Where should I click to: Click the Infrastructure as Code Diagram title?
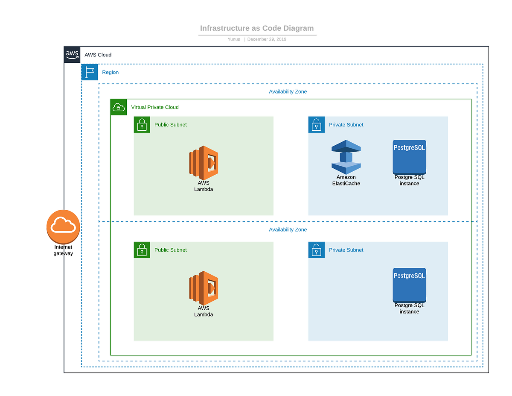pyautogui.click(x=257, y=29)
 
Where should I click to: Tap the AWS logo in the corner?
pyautogui.click(x=72, y=55)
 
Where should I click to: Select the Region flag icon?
pyautogui.click(x=90, y=72)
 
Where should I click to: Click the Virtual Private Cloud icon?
pyautogui.click(x=119, y=107)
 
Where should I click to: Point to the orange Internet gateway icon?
pyautogui.click(x=63, y=227)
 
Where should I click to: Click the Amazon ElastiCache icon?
pyautogui.click(x=346, y=157)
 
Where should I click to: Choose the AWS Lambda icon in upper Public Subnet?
pyautogui.click(x=204, y=162)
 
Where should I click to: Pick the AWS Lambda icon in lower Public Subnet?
pyautogui.click(x=204, y=287)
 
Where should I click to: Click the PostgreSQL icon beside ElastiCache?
pyautogui.click(x=409, y=157)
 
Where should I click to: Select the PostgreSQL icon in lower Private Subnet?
pyautogui.click(x=409, y=285)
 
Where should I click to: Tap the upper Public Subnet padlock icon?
pyautogui.click(x=142, y=125)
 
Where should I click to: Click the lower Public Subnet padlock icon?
pyautogui.click(x=142, y=250)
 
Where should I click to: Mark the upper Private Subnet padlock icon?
pyautogui.click(x=317, y=125)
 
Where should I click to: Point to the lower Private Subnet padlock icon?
pyautogui.click(x=317, y=250)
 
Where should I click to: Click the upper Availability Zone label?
pyautogui.click(x=288, y=92)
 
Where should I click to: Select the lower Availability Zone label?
pyautogui.click(x=288, y=230)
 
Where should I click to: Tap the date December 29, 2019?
pyautogui.click(x=267, y=39)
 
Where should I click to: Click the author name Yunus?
pyautogui.click(x=234, y=39)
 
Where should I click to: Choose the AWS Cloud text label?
pyautogui.click(x=98, y=55)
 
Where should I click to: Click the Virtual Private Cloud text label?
pyautogui.click(x=155, y=107)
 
